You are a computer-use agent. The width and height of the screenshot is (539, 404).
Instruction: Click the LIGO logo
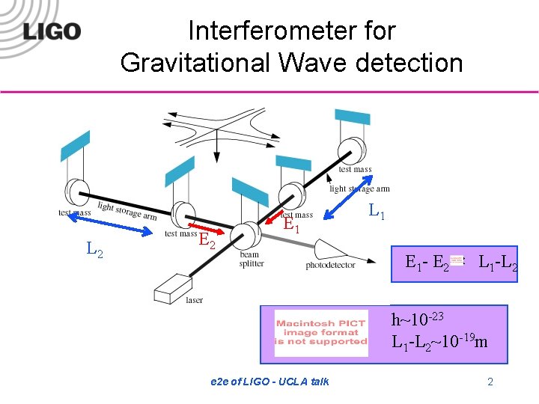pos(51,31)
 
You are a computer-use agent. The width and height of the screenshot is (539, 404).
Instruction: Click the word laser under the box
pos(194,300)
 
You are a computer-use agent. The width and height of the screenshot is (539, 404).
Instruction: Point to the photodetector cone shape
pos(329,249)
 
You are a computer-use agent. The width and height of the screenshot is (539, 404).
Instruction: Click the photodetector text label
pos(330,266)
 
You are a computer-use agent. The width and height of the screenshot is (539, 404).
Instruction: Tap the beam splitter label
pos(251,259)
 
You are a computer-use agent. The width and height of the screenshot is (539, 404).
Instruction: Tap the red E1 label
pos(291,225)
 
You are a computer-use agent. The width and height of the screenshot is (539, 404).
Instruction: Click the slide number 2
pos(490,382)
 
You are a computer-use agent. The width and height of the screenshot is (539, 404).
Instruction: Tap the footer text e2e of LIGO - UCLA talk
pos(269,382)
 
